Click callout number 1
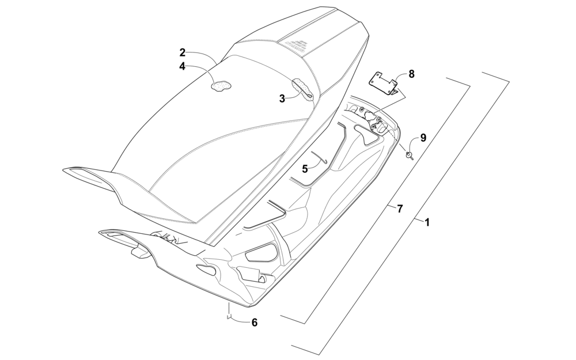point(427,222)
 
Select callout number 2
point(182,52)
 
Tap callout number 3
point(282,98)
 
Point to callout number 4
point(182,66)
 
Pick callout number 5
point(305,169)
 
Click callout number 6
point(254,323)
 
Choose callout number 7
point(400,209)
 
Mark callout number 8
point(411,74)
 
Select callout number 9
point(423,138)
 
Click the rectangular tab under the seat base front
point(140,252)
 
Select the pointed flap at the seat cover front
point(88,175)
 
